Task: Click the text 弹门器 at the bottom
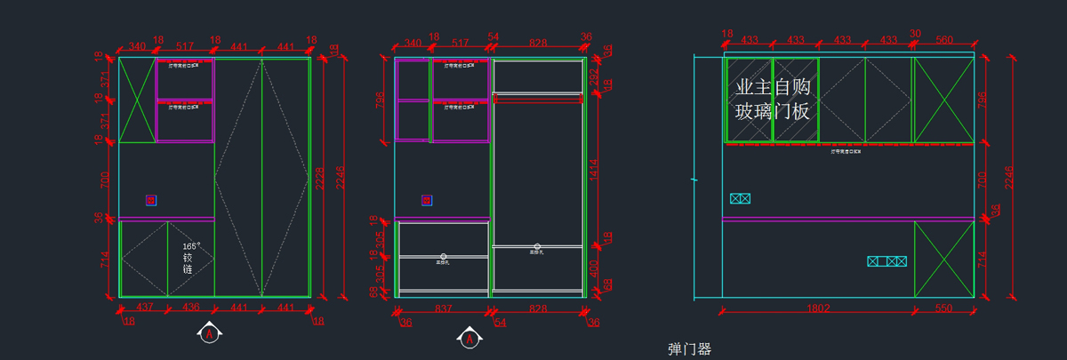(689, 349)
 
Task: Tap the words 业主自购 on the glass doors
(773, 88)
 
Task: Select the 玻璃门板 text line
(773, 111)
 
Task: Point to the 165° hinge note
(191, 257)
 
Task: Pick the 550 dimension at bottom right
(943, 308)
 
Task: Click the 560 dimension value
(943, 40)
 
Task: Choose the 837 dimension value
(442, 308)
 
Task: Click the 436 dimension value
(190, 308)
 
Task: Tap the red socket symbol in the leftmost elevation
(151, 201)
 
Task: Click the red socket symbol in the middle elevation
(428, 201)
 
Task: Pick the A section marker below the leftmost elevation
(209, 334)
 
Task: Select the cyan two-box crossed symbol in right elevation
(740, 198)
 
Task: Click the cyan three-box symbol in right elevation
(886, 261)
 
